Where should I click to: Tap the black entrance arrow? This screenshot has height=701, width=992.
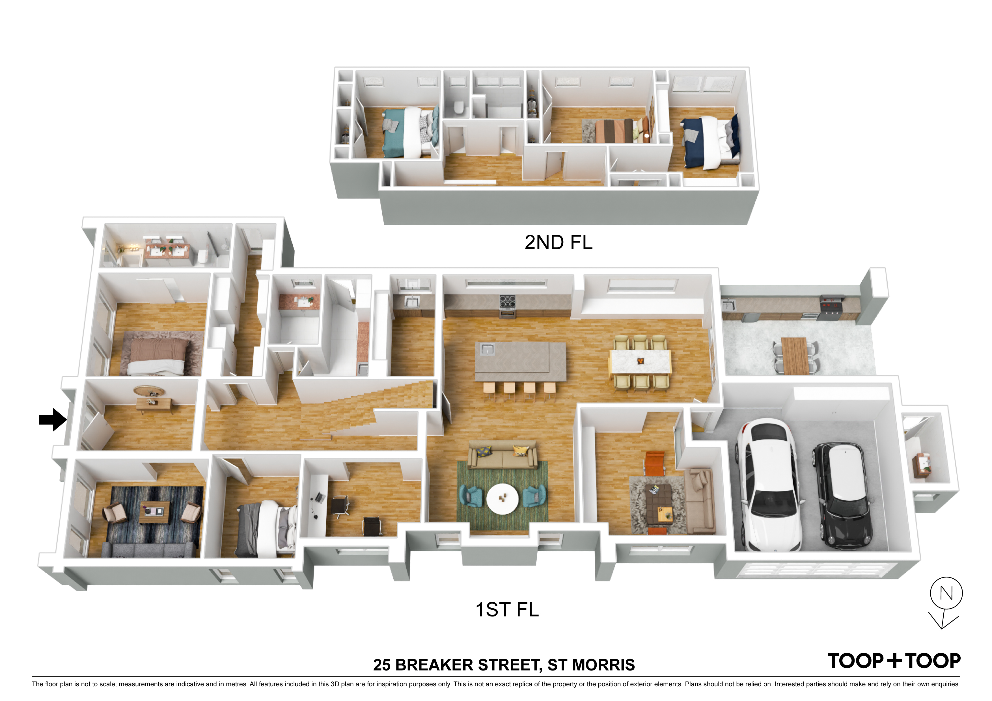(53, 419)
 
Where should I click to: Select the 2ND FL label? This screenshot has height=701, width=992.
(558, 242)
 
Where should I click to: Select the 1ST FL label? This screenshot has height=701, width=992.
(507, 609)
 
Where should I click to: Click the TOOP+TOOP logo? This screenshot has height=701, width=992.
(894, 661)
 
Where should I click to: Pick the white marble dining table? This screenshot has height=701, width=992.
(640, 361)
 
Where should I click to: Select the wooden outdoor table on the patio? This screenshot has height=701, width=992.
(795, 356)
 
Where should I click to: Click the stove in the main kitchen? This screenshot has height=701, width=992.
(507, 306)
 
